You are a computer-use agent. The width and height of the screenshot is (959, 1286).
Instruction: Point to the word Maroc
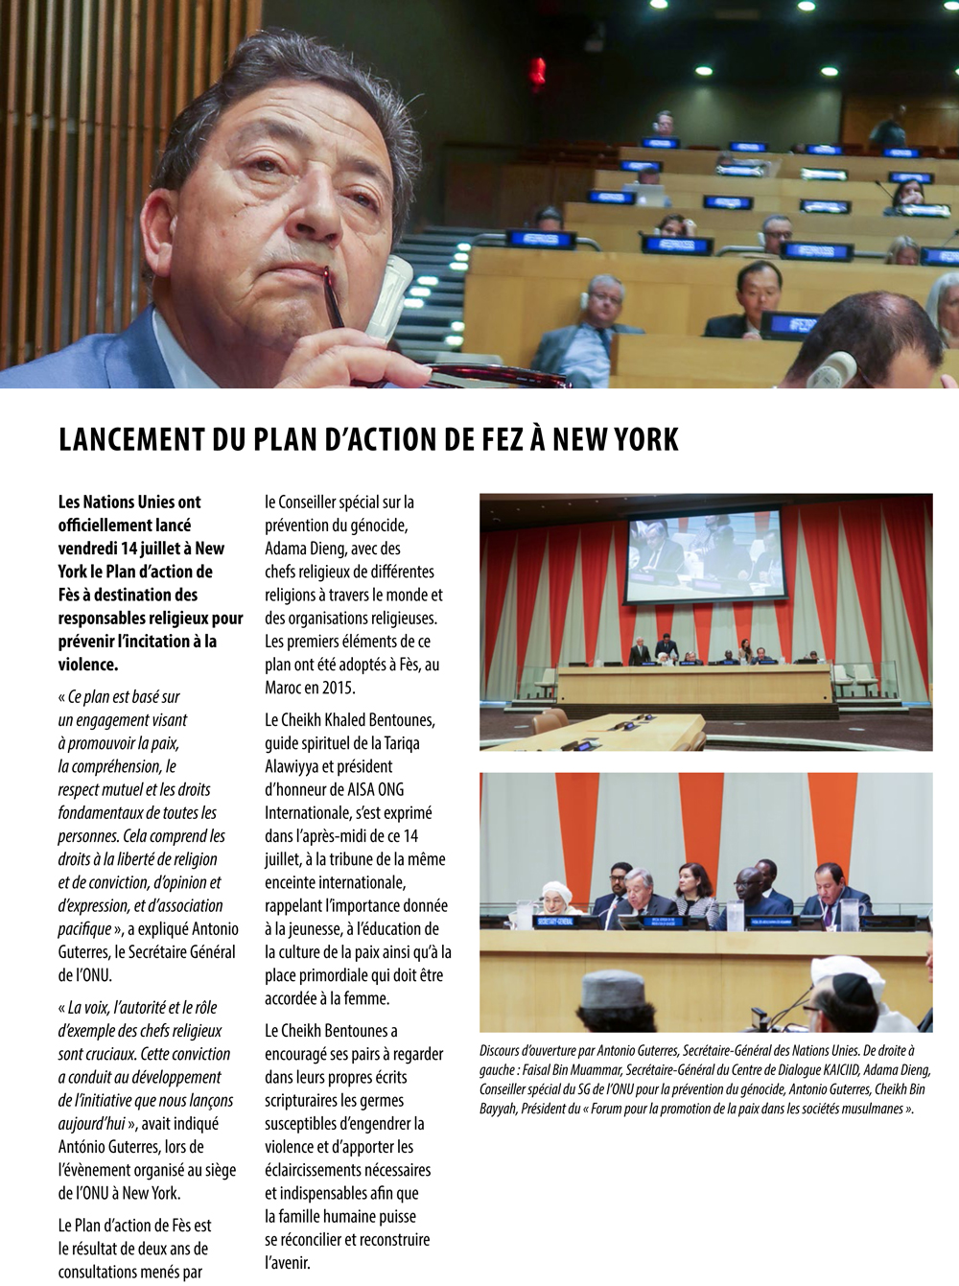tap(286, 688)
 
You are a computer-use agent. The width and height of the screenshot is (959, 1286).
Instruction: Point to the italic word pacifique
tap(84, 928)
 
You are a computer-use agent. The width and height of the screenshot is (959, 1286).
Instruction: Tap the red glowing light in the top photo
tap(538, 70)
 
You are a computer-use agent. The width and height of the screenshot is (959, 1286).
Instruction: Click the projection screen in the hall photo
tap(703, 561)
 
